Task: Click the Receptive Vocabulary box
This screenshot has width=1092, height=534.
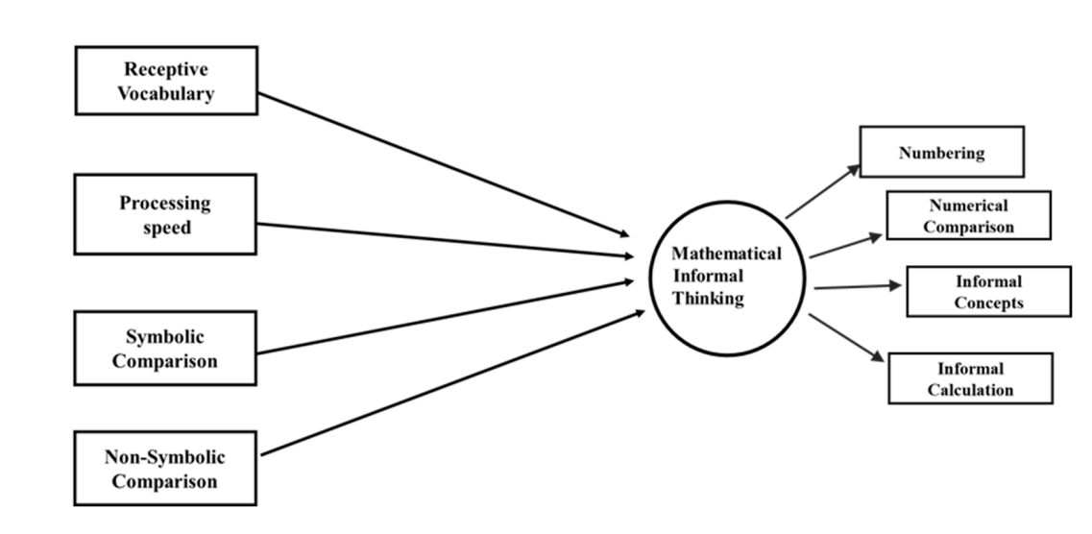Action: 166,81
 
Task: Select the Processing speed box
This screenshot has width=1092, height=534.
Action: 165,214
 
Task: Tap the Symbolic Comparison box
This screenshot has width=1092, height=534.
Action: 165,349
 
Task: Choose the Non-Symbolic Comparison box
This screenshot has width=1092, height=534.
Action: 165,468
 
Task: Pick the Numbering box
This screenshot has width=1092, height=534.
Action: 941,152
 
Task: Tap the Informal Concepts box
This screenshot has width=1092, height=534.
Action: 988,292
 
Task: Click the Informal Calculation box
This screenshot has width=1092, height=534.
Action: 970,378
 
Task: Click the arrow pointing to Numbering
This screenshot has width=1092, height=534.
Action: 823,191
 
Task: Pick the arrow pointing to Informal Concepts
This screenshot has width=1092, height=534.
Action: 857,286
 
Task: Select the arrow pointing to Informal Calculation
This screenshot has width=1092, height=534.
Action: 845,337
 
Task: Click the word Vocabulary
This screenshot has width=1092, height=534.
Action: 165,93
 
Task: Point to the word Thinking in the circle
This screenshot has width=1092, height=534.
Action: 708,299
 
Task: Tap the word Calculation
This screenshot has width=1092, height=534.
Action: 970,390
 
